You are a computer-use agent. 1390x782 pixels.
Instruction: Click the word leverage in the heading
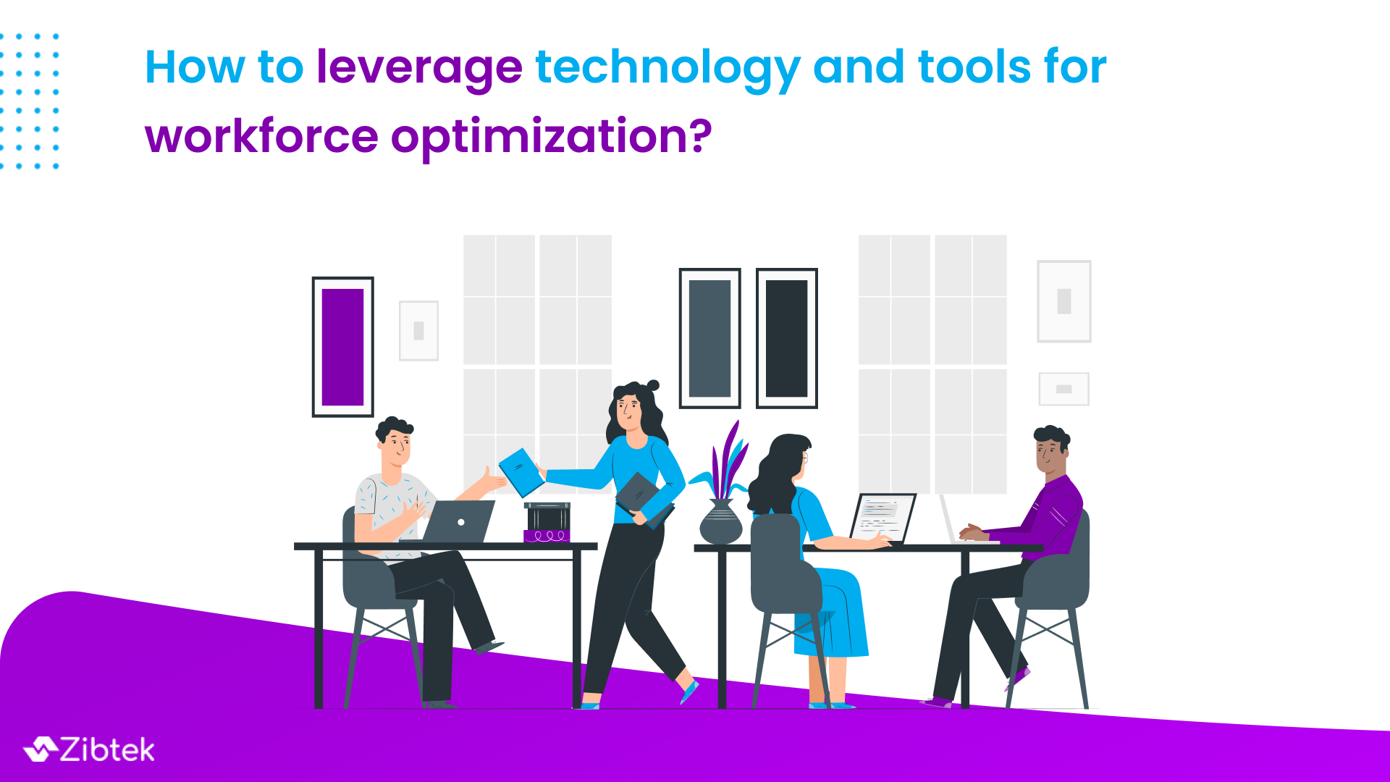click(419, 68)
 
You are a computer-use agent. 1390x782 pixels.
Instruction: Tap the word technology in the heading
click(667, 68)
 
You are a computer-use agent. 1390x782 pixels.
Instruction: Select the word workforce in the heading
click(261, 136)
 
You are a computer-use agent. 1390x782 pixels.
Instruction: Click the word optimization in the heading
click(551, 136)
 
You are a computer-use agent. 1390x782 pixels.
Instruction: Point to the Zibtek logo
click(89, 750)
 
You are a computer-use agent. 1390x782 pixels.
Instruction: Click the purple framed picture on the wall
click(342, 347)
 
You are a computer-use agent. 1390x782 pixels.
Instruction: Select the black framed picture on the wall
click(786, 338)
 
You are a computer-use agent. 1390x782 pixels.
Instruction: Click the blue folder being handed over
click(521, 472)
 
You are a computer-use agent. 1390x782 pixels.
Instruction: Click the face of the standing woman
click(628, 410)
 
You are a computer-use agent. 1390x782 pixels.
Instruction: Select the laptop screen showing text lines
click(883, 516)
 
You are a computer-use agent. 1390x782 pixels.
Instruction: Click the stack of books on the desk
click(547, 522)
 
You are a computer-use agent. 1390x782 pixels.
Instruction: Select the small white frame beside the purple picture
click(418, 331)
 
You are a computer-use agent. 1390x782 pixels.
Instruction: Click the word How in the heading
click(195, 68)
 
